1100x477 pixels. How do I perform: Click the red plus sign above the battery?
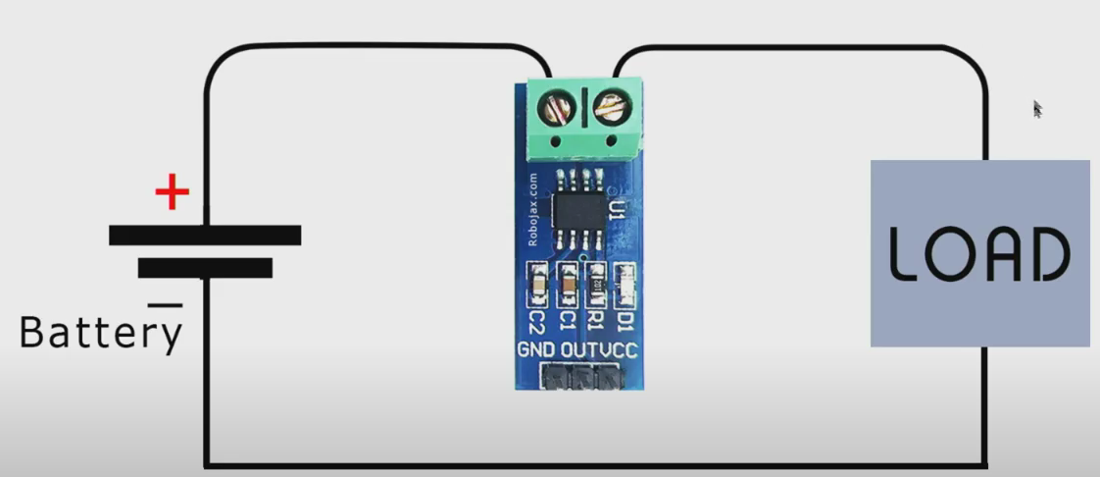[x=172, y=193]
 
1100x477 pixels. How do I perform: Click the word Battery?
[x=101, y=334]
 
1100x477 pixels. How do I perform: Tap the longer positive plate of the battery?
[x=204, y=236]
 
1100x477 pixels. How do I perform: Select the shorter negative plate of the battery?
[x=204, y=268]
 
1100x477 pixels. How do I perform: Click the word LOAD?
[x=978, y=253]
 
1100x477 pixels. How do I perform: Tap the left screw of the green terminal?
[x=556, y=106]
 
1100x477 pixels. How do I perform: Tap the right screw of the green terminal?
[x=611, y=106]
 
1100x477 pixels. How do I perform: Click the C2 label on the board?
[x=535, y=320]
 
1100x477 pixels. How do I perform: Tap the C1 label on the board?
[x=565, y=320]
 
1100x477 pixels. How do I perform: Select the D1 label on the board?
[x=624, y=320]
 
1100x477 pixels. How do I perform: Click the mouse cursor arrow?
[x=1037, y=108]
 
